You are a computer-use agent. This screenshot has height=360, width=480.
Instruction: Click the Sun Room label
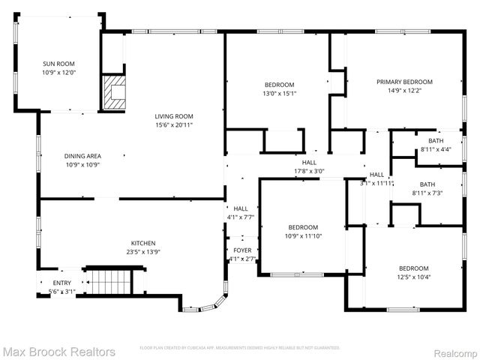(58, 64)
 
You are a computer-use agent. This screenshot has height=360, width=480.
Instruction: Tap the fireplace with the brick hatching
(114, 91)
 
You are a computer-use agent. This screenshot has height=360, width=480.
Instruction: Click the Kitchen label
(143, 243)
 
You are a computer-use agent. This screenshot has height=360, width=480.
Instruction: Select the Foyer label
(242, 250)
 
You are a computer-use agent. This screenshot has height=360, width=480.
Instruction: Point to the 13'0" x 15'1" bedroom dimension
(279, 94)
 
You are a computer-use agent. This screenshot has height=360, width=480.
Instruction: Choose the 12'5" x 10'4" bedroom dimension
(413, 277)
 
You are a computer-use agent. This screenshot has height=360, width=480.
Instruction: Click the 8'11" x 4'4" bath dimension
(436, 150)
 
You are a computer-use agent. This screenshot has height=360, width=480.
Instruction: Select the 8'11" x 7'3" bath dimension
(427, 193)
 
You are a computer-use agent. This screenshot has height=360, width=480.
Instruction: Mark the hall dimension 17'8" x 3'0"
(309, 171)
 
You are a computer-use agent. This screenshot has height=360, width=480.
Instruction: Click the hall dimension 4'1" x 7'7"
(241, 217)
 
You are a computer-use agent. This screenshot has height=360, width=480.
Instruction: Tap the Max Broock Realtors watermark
(58, 351)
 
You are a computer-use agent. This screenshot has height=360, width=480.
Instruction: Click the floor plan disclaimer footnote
(240, 348)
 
